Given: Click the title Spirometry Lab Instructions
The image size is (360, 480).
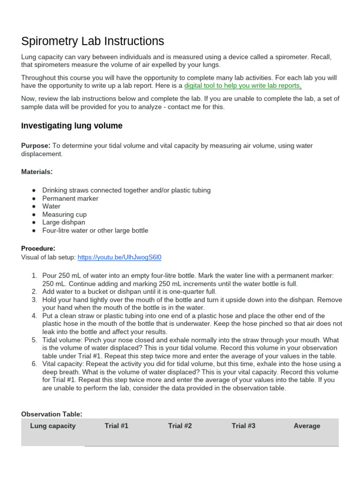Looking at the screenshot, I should click(x=93, y=41).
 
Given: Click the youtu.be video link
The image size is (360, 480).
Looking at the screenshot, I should click(x=120, y=257).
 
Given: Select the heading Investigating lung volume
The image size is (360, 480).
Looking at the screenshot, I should click(x=72, y=126).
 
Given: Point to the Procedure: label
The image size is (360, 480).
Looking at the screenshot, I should click(x=38, y=248).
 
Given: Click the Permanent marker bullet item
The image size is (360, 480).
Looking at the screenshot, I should click(x=70, y=198).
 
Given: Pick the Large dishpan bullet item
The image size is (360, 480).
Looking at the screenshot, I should click(x=64, y=222).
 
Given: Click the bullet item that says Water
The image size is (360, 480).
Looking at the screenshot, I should click(x=52, y=206).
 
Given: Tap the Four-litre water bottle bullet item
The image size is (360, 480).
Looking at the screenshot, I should click(x=95, y=231).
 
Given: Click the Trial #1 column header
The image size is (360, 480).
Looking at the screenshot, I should click(x=116, y=426).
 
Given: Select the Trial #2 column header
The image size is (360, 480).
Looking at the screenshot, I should click(x=180, y=426).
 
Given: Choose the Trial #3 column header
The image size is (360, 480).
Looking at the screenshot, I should click(x=243, y=426).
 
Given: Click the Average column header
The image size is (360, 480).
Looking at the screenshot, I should click(x=307, y=426).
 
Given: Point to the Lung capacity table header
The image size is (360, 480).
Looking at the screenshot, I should click(x=52, y=426).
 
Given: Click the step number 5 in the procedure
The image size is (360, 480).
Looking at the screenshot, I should click(x=34, y=340).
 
